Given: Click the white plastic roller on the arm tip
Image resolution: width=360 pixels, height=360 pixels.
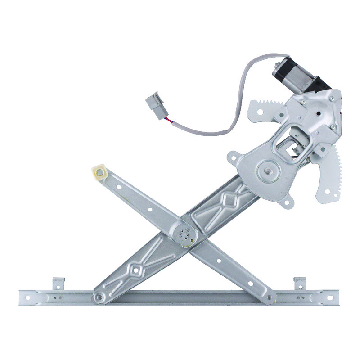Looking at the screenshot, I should point(99,172).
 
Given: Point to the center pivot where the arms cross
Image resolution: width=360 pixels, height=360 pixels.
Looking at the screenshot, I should point(185,234).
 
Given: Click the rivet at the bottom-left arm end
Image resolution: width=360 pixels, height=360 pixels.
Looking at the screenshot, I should point(99,297).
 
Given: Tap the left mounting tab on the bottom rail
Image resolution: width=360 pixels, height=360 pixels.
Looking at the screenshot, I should point(58,283).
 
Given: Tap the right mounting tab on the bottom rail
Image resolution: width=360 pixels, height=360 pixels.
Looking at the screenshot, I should point(300,283).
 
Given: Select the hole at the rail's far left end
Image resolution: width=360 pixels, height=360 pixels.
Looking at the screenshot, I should point(27,297).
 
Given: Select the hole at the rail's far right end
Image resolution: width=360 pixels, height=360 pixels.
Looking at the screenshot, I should point(329,297).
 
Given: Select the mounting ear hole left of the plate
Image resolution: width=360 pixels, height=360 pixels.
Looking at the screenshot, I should point(232,158).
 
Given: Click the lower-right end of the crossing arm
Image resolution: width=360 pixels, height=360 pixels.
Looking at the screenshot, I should point(269,297).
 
